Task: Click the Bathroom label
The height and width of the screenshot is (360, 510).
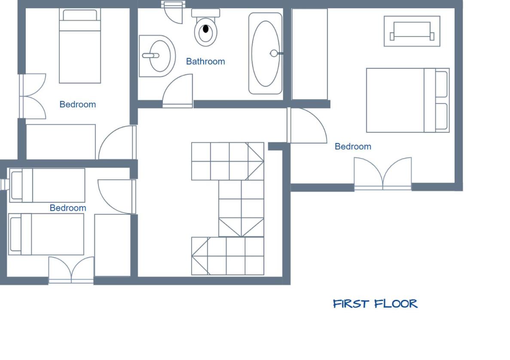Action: [x=205, y=61]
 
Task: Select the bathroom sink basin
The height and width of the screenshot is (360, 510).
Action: [x=157, y=56]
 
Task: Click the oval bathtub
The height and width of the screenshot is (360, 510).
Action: [x=266, y=54]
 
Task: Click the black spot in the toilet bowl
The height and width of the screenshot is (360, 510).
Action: [x=205, y=29]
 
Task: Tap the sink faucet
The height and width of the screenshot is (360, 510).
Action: [x=150, y=55]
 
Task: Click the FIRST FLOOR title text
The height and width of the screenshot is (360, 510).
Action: [x=375, y=304]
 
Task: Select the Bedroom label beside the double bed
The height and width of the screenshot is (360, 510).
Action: [x=353, y=146]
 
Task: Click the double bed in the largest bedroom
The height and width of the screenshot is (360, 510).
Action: [x=408, y=100]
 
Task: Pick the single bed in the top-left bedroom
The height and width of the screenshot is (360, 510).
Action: [x=79, y=46]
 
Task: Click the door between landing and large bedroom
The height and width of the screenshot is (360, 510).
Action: [x=308, y=125]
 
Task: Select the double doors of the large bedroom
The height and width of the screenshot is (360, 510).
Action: [x=383, y=173]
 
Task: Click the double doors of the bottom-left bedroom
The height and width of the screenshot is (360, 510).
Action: [x=71, y=270]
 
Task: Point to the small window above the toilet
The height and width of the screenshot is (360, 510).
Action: [x=173, y=4]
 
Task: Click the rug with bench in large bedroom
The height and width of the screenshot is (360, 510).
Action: [x=412, y=31]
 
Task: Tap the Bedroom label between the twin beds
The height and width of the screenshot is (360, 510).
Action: [x=67, y=208]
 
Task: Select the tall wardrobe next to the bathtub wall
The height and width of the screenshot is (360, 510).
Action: [x=310, y=54]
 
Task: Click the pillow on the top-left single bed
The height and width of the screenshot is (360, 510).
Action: [x=79, y=15]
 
